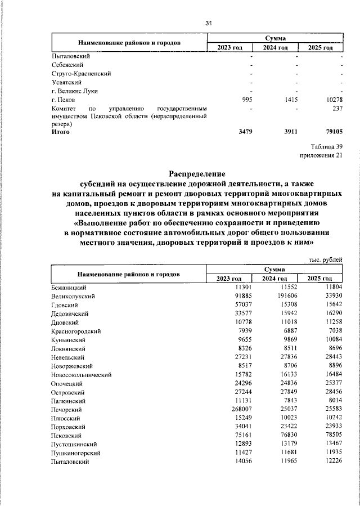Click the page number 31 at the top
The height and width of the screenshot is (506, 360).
coord(208,23)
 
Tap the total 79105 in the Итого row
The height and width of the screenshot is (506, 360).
coord(332,132)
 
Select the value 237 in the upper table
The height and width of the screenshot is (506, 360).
coord(337,108)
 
